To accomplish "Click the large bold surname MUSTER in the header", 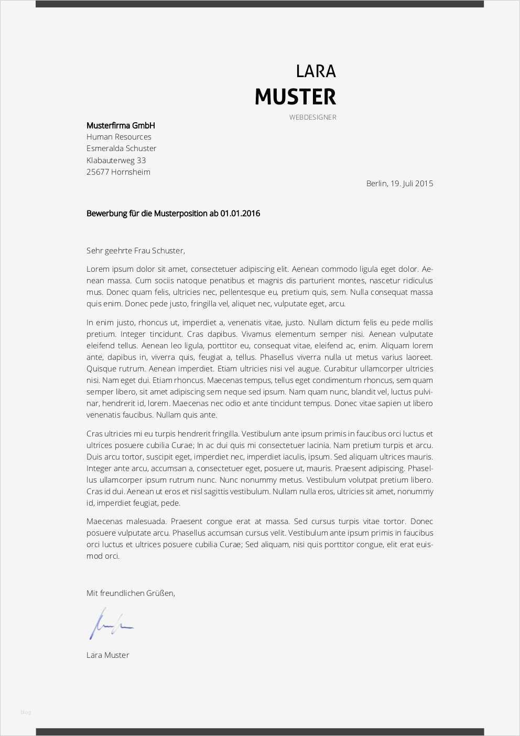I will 295,97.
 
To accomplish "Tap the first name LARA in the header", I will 316,71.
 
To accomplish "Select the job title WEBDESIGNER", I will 312,118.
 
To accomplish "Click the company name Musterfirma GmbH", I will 121,126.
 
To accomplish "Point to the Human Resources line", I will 118,137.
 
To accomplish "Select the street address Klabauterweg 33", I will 116,161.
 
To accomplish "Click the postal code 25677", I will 97,172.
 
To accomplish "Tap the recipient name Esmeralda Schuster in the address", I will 121,149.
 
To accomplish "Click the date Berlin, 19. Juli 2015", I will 399,184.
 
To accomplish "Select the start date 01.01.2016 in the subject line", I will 240,214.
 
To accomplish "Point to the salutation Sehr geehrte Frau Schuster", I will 135,251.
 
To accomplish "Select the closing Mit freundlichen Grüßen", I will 131,593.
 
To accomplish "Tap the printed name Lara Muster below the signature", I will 107,655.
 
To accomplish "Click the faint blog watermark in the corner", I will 26,712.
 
